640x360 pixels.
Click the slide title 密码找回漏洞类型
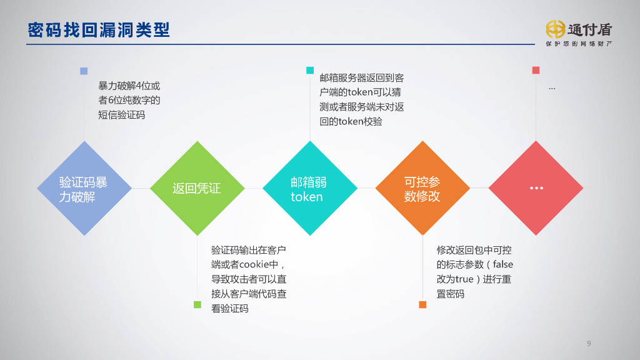[99, 29]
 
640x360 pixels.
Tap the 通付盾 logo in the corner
[578, 29]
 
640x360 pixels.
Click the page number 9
[589, 343]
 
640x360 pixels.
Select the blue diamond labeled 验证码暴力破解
[84, 189]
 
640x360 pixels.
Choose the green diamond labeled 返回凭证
[197, 189]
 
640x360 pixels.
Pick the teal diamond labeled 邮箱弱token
[310, 189]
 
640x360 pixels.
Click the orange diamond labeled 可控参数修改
[422, 189]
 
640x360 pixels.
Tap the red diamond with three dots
[536, 188]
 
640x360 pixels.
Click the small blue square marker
[84, 71]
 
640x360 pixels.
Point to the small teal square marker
[310, 70]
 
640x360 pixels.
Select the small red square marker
[536, 70]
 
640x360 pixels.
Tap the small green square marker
[197, 304]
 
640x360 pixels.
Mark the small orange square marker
[422, 304]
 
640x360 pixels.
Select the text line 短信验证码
[122, 115]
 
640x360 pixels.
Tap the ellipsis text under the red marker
[552, 88]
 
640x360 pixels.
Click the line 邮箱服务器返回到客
[361, 78]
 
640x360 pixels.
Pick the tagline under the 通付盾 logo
[578, 44]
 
